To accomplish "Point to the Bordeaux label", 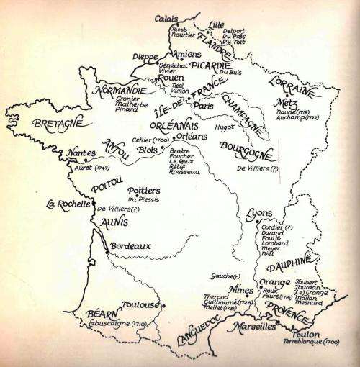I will coord(130,245).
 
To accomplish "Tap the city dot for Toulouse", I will coord(164,306).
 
